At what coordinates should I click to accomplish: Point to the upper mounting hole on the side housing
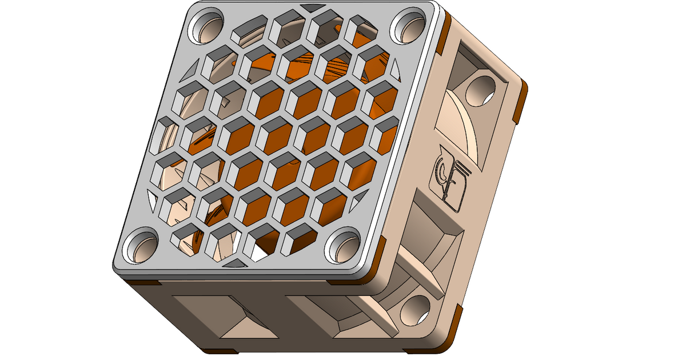pyautogui.click(x=480, y=90)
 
